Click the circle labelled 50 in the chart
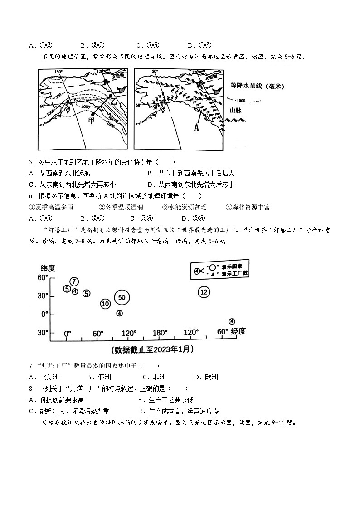(x=122, y=297)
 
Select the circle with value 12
(x=204, y=292)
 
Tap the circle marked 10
(x=105, y=304)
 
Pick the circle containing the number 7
(x=74, y=281)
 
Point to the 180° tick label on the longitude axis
(x=160, y=333)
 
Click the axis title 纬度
(x=48, y=268)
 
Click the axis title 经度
(x=238, y=331)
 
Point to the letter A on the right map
(x=197, y=127)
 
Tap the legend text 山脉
(x=236, y=110)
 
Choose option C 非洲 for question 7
(x=154, y=377)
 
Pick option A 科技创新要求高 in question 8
(x=56, y=400)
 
